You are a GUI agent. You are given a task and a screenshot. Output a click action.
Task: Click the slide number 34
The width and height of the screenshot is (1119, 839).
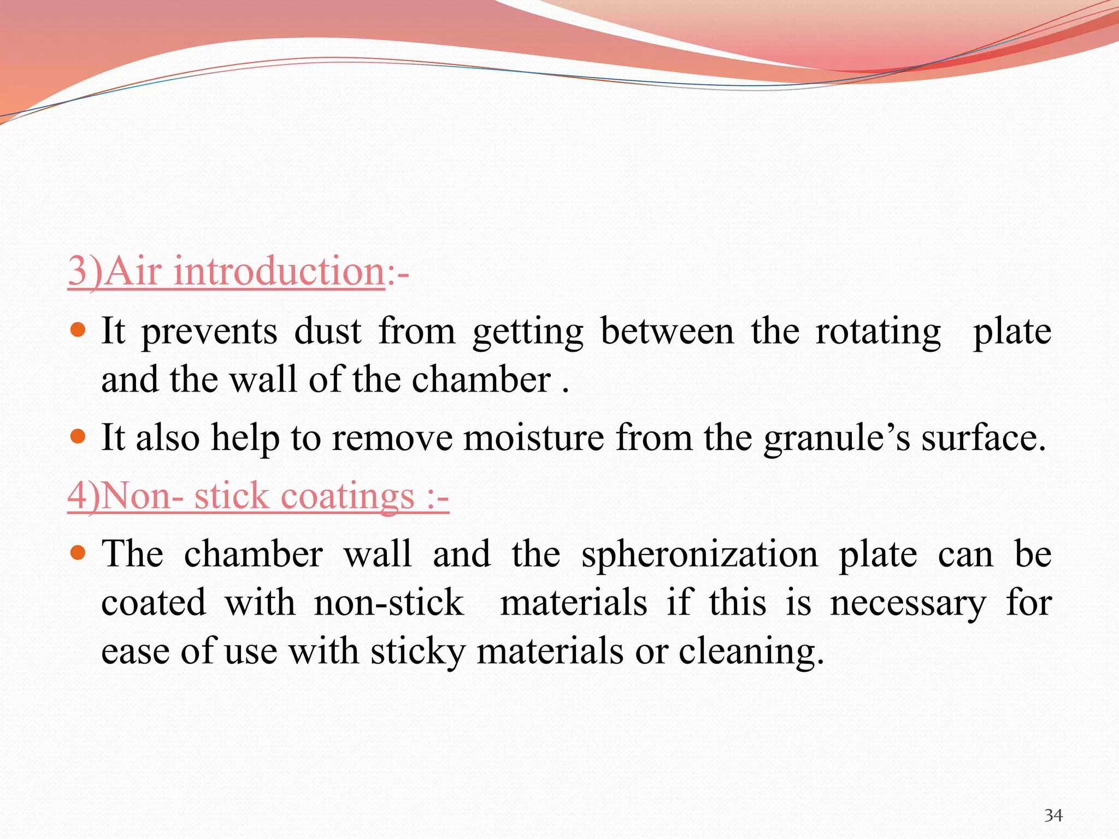tap(1053, 816)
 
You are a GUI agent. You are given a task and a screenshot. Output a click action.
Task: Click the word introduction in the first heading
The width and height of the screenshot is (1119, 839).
tap(279, 271)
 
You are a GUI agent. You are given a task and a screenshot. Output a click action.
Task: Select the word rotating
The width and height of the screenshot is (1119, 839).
tap(878, 333)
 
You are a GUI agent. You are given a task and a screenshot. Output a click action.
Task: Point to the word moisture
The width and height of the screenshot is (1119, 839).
tap(533, 438)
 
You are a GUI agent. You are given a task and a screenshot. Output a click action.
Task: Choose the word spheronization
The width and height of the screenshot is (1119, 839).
tap(699, 555)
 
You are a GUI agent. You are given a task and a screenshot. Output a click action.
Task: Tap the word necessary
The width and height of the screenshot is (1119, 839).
tap(908, 603)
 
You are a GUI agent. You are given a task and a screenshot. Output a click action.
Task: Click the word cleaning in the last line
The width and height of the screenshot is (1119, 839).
tap(751, 652)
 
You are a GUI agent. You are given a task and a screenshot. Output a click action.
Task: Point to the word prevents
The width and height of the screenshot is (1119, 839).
tap(209, 333)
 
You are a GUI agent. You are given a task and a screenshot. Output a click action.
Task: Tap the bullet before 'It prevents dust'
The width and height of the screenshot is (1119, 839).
tap(79, 330)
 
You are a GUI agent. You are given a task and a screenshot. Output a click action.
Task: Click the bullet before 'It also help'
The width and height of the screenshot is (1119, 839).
tap(79, 436)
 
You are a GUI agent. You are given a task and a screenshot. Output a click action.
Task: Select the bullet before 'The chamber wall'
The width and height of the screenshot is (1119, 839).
tap(79, 553)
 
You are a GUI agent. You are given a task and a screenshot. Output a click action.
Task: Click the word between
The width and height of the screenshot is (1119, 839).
tap(667, 332)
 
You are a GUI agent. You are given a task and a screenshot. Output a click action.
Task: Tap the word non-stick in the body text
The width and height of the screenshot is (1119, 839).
tap(388, 603)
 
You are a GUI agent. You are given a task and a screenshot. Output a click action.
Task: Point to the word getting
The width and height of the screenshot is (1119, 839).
tap(528, 333)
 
